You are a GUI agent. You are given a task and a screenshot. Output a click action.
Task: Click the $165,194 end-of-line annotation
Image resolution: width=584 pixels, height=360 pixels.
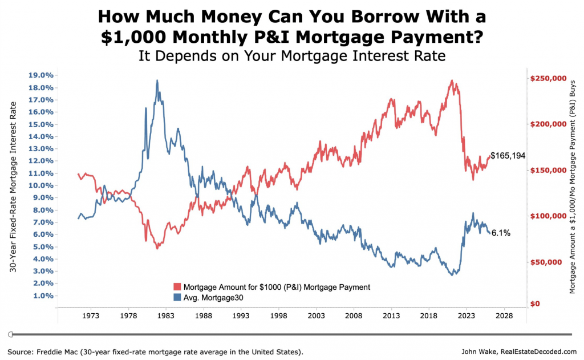coord(508,155)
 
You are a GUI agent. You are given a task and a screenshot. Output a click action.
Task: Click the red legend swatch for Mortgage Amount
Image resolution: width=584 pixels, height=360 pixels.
coord(177,287)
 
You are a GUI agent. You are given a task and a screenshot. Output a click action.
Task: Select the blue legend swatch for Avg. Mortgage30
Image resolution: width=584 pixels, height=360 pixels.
coord(177,297)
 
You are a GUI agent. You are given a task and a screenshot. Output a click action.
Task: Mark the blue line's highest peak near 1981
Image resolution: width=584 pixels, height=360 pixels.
coord(157,81)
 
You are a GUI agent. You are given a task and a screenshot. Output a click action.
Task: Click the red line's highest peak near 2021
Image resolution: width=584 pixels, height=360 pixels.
coord(451,81)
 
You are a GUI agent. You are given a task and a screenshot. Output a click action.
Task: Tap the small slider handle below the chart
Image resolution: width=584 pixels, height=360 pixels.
coord(11,334)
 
